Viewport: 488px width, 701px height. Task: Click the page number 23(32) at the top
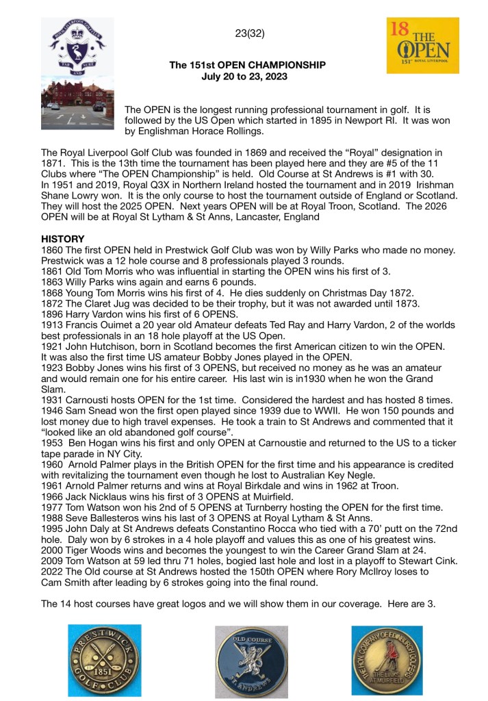tap(250, 33)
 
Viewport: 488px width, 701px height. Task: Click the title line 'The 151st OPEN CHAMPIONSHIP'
tap(248, 66)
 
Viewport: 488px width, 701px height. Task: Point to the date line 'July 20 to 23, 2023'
tap(244, 77)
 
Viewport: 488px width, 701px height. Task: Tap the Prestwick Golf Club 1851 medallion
tap(105, 660)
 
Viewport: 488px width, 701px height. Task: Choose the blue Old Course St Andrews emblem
tap(243, 660)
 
